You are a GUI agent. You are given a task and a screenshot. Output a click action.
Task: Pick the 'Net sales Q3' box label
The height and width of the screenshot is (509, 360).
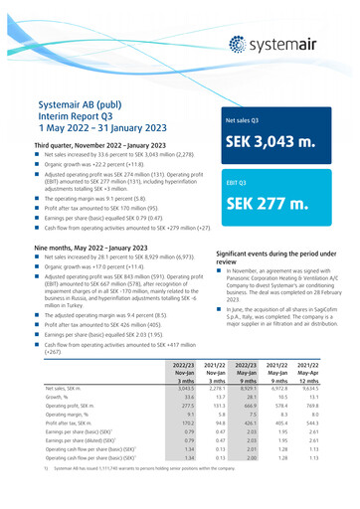244,115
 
